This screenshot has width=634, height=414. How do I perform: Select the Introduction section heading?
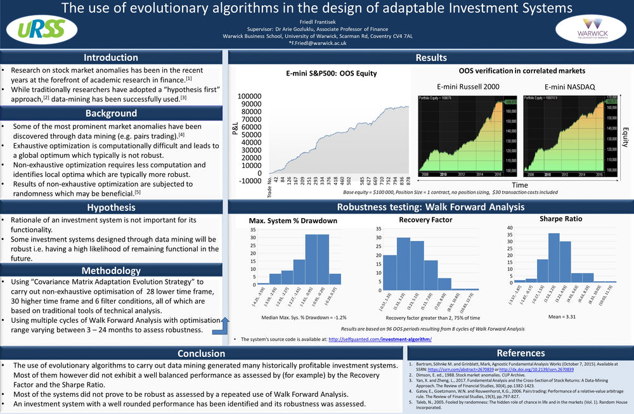[111, 58]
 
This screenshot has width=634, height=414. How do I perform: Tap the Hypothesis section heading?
[111, 207]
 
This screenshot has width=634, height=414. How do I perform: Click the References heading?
[521, 353]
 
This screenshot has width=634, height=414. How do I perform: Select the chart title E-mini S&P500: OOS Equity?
[331, 74]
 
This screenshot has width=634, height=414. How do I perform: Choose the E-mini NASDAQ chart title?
[570, 87]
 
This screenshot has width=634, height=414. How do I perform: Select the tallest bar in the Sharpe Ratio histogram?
[553, 256]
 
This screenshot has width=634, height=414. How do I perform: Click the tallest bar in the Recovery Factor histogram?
[403, 261]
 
